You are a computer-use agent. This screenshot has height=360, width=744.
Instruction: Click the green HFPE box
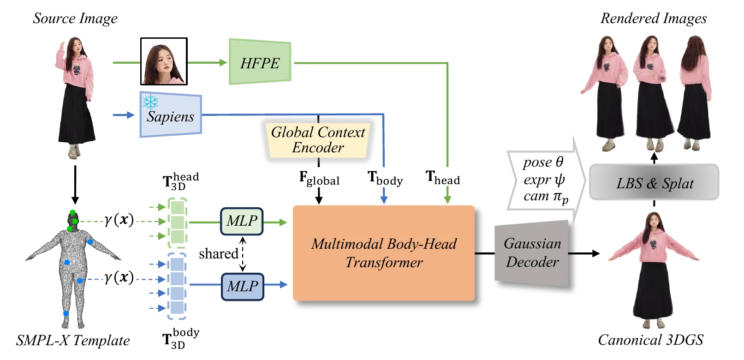coord(260,62)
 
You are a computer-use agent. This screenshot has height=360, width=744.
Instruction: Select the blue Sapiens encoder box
coord(171,114)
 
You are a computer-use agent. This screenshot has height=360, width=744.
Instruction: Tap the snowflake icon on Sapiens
coord(150,102)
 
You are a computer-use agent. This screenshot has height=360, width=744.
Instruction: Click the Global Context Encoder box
coord(318,140)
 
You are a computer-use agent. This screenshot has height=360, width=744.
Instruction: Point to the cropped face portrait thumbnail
coord(164,61)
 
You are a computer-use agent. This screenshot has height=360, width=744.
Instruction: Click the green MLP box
coord(242,221)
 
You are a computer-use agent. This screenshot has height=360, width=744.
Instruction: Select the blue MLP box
coord(243,287)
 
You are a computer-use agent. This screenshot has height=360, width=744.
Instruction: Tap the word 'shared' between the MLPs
coord(219,254)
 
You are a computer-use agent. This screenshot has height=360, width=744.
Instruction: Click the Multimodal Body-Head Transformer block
coord(384,253)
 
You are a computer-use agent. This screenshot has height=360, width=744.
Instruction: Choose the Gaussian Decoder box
coord(532,253)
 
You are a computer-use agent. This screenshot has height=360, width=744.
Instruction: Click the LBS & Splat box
coord(654,182)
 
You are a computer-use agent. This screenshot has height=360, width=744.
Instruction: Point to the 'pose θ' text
coord(543,162)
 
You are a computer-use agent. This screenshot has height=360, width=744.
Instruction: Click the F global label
coord(319,178)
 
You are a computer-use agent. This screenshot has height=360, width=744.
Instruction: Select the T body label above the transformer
coord(385,178)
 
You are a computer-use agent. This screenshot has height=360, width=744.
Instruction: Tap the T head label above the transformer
coord(443,178)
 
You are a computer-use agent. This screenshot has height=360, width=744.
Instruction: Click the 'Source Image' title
coord(75,18)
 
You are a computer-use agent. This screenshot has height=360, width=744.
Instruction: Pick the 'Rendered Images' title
coord(654,18)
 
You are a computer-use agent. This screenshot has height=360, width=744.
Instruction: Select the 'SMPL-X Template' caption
coord(73,341)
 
